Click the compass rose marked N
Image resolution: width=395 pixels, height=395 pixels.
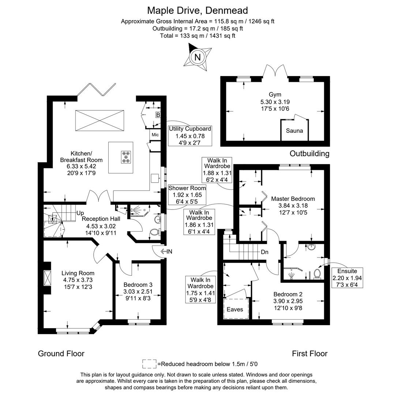point(197,57)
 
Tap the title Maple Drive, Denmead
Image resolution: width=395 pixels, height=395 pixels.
point(197,10)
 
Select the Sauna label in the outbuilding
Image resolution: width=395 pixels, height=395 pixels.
point(294,131)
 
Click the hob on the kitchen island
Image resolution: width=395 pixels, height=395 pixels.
point(126,157)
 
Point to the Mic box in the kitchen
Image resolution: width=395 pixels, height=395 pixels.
point(154,134)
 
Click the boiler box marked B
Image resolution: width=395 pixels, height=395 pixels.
point(158,115)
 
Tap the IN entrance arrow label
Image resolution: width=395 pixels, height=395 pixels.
point(169,251)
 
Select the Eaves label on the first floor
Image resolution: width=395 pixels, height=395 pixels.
point(235,309)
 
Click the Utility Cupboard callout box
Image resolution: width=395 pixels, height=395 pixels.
point(190,136)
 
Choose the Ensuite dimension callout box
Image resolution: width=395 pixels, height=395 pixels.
point(347,278)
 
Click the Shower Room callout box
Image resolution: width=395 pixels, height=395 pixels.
point(187,195)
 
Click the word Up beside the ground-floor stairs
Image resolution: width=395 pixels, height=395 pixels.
point(80,213)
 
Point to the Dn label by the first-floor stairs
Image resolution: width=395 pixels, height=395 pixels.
point(265,252)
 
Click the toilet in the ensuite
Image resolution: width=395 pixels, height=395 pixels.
point(317,274)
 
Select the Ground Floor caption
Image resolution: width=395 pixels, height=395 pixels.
point(61,353)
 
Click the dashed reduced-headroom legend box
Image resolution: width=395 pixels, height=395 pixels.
point(149,364)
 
